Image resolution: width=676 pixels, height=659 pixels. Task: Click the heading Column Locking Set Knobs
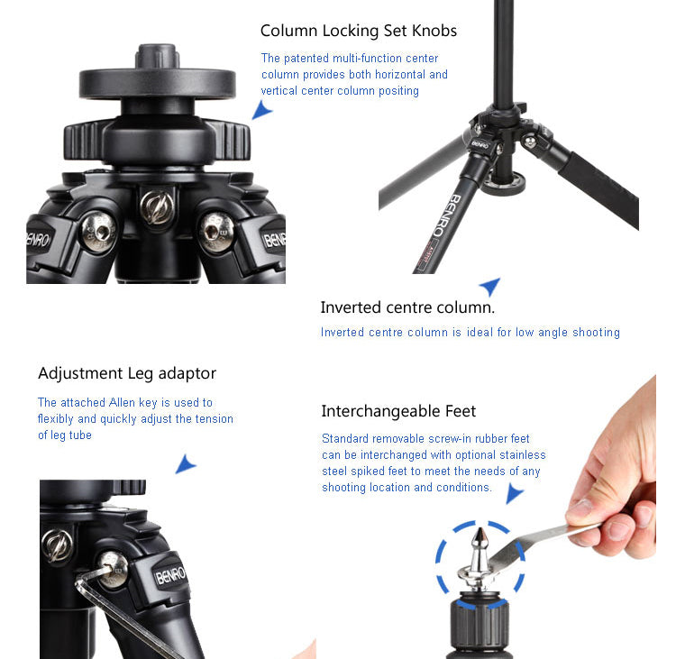coord(358,31)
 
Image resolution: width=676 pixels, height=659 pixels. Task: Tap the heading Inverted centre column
coord(407,307)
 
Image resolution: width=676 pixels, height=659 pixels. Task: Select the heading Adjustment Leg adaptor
coord(127,374)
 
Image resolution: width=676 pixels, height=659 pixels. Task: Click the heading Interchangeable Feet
coord(398,411)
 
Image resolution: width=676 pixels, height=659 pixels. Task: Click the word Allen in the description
coord(122,402)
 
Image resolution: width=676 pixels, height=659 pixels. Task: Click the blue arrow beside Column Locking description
coord(261,110)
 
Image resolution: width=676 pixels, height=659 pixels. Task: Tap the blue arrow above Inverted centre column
coord(490,286)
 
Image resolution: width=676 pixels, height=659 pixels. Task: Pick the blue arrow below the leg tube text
coord(186,464)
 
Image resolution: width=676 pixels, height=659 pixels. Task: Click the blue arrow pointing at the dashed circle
coord(514,493)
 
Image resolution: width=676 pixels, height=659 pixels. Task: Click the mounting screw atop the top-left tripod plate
coord(158,56)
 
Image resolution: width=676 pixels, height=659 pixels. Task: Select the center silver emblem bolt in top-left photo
coord(158,208)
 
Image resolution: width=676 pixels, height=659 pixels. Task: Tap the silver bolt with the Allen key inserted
coord(113,570)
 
